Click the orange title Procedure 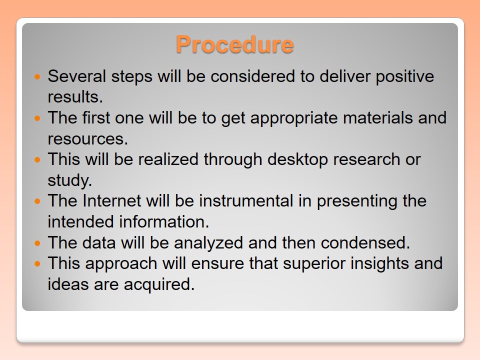[235, 44]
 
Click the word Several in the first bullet [77, 76]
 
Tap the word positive [404, 77]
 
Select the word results [75, 96]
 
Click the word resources [87, 138]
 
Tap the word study [70, 180]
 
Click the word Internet [111, 201]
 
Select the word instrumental [246, 201]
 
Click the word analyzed [208, 243]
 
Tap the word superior [314, 264]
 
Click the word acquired [159, 284]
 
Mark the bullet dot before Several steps [37, 76]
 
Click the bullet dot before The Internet [37, 201]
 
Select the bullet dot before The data [37, 243]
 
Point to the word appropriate [294, 118]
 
